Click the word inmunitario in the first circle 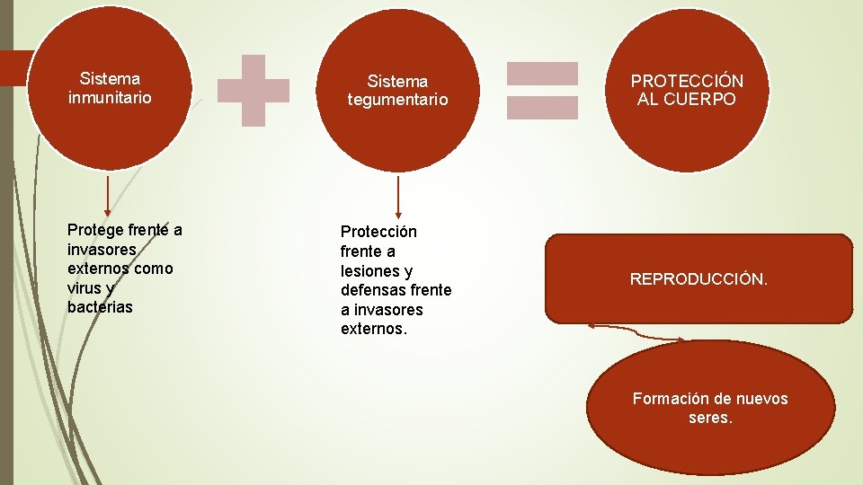[110, 97]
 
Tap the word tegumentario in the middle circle [397, 100]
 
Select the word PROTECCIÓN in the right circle [687, 81]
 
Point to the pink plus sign [254, 90]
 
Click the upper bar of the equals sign [542, 73]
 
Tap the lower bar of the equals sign [542, 108]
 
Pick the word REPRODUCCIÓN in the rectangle [698, 279]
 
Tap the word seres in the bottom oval [709, 419]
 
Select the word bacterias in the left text [100, 307]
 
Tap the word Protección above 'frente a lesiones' [378, 232]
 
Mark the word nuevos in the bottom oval [763, 399]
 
